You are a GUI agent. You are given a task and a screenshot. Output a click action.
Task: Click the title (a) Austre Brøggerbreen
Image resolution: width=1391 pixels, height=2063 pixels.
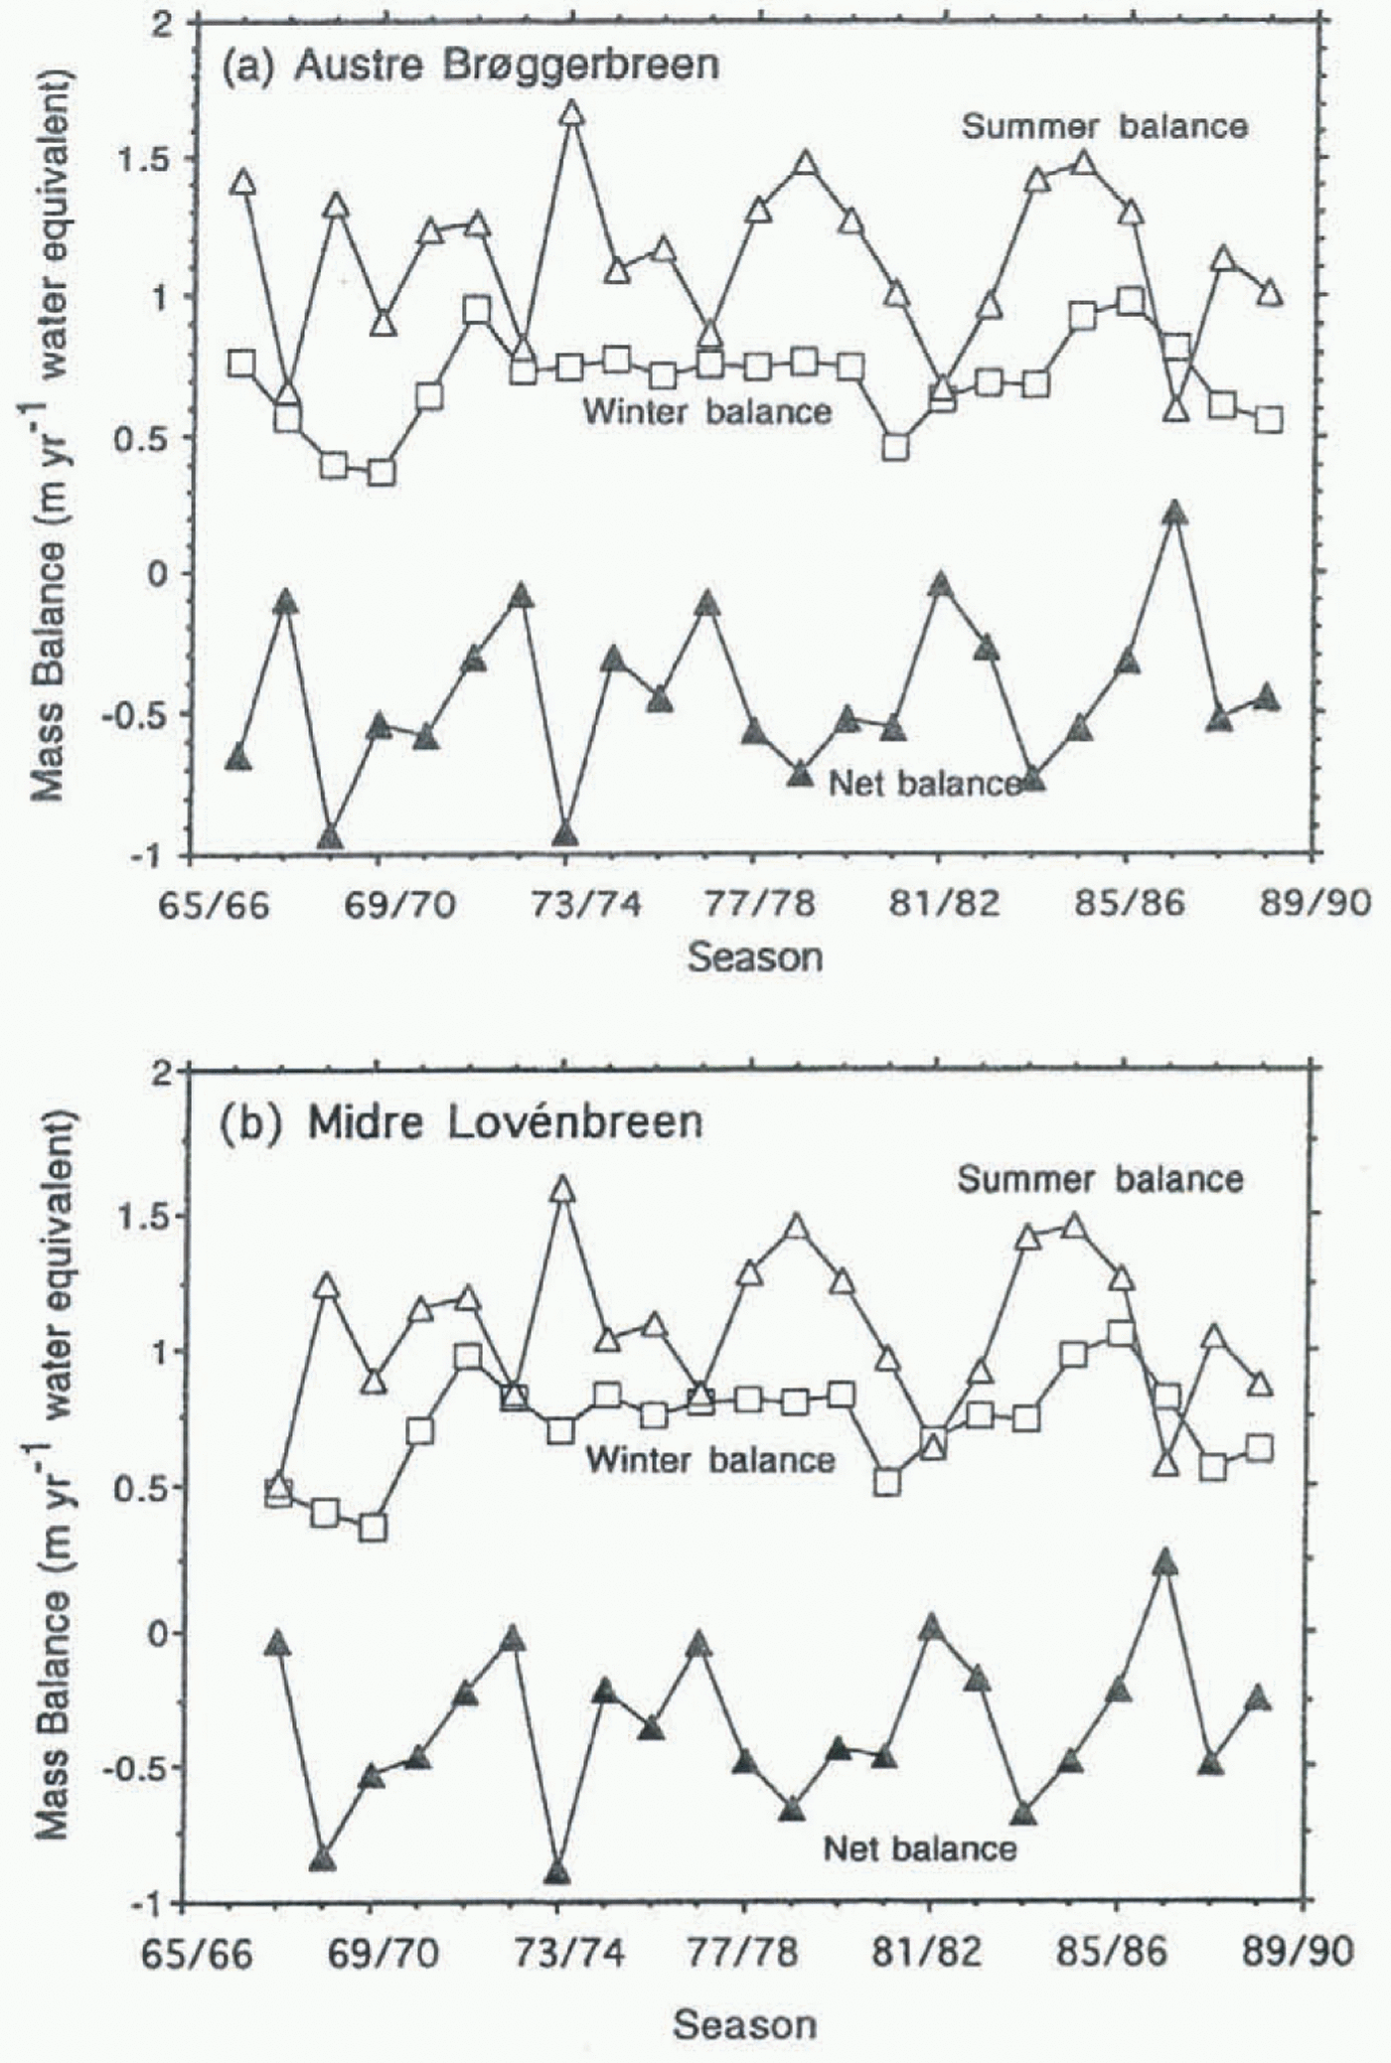[x=469, y=66]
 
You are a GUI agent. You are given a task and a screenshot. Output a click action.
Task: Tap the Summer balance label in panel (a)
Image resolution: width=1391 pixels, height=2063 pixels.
[x=1104, y=126]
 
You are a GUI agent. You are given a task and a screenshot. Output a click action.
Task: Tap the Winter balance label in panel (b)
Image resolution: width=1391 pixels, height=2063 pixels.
[x=709, y=1459]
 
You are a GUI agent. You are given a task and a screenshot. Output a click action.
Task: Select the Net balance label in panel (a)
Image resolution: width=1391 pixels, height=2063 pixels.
[x=924, y=783]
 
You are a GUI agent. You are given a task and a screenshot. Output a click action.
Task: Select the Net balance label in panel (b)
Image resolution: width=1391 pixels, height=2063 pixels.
[x=920, y=1847]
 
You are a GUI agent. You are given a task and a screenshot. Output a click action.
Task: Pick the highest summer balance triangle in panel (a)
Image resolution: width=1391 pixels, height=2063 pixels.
[x=571, y=114]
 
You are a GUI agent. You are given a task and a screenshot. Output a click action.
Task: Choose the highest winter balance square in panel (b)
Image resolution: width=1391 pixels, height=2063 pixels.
[x=1121, y=1333]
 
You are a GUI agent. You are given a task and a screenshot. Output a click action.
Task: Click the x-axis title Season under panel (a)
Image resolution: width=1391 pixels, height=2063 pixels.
[x=755, y=958]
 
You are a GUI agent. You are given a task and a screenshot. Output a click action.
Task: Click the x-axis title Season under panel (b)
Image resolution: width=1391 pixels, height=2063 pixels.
[x=745, y=2016]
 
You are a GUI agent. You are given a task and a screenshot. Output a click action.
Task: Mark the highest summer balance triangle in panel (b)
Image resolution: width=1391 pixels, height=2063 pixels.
[x=562, y=1189]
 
